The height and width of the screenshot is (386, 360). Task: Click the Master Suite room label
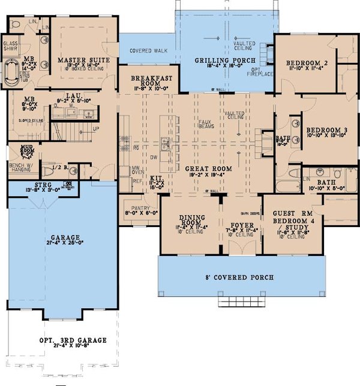(x=82, y=61)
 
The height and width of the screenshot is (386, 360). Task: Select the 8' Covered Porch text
(x=241, y=278)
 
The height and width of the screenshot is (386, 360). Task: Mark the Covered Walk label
(x=148, y=51)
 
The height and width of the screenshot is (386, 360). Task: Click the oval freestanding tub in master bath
(x=10, y=73)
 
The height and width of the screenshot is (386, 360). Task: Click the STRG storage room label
(x=41, y=186)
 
